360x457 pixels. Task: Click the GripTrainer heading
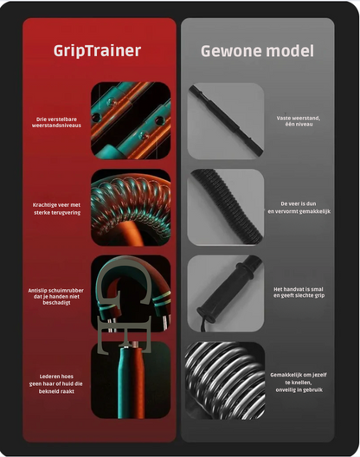pyautogui.click(x=99, y=50)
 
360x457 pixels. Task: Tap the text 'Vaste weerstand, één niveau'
pyautogui.click(x=297, y=122)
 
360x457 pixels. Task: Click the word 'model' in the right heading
pyautogui.click(x=287, y=50)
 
